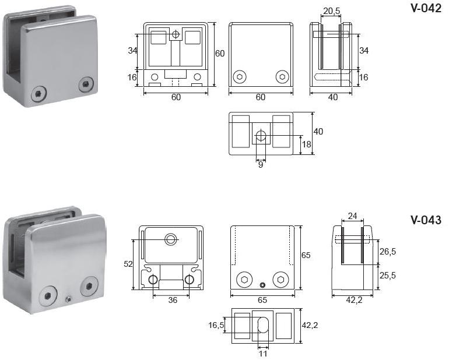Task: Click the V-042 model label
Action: pos(426,8)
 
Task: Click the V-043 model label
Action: pos(426,220)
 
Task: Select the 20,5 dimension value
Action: pos(331,11)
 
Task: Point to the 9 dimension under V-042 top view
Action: pos(261,165)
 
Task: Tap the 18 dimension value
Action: pos(306,144)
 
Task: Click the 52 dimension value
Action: pos(128,264)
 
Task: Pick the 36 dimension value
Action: pos(173,300)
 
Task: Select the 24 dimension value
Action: pos(352,216)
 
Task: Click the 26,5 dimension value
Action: pos(387,252)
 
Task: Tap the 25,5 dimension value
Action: pos(387,276)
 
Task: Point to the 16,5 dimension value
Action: pos(216,326)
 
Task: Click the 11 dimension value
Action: pos(263,354)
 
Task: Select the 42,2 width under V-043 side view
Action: pos(354,300)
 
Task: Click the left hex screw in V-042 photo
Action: pos(38,93)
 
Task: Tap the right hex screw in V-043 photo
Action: pos(89,286)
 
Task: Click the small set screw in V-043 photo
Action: pos(68,299)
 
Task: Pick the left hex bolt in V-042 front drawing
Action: pos(240,77)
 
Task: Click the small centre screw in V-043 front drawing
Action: pos(262,285)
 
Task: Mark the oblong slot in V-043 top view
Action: pos(263,325)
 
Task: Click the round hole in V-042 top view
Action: pos(261,135)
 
